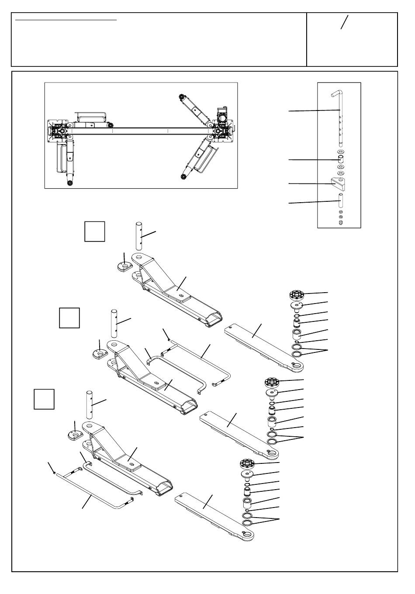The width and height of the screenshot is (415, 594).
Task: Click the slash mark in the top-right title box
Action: point(345,22)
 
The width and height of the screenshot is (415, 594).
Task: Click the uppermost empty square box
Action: point(95,231)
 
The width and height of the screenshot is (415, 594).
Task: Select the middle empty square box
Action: point(69,318)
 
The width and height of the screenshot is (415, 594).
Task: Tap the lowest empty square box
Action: point(44,399)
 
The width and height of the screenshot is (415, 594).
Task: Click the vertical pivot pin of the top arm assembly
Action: point(139,236)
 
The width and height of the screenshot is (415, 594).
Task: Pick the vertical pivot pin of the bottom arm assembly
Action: point(90,404)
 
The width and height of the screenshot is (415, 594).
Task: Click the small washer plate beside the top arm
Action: point(125,266)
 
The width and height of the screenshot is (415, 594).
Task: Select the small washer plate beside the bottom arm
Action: point(75,435)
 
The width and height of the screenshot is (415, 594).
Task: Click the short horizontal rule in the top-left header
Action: point(66,20)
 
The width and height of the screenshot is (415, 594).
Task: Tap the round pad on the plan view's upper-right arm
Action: point(182,97)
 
